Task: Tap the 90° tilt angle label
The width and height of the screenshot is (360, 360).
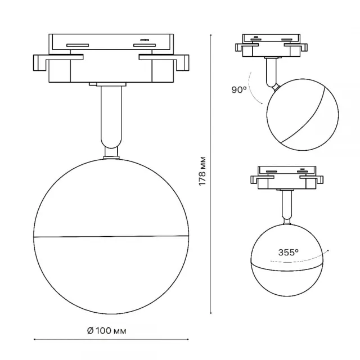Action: point(239,90)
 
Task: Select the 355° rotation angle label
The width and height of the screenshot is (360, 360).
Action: point(288,253)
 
